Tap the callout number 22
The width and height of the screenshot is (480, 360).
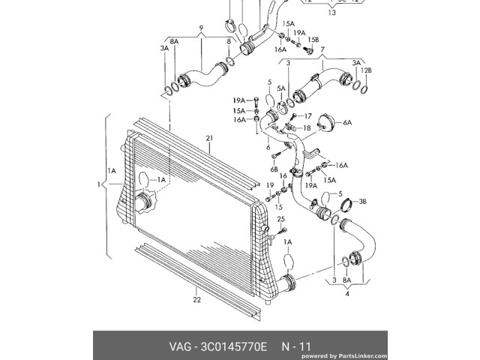click(196, 300)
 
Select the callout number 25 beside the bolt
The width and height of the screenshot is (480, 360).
click(282, 219)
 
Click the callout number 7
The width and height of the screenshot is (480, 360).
click(323, 49)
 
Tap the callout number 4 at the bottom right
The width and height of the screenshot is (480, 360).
click(347, 294)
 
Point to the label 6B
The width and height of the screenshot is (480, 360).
click(274, 169)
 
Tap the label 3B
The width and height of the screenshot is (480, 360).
click(361, 202)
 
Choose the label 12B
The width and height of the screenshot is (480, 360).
click(367, 70)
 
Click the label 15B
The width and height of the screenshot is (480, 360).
click(314, 39)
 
